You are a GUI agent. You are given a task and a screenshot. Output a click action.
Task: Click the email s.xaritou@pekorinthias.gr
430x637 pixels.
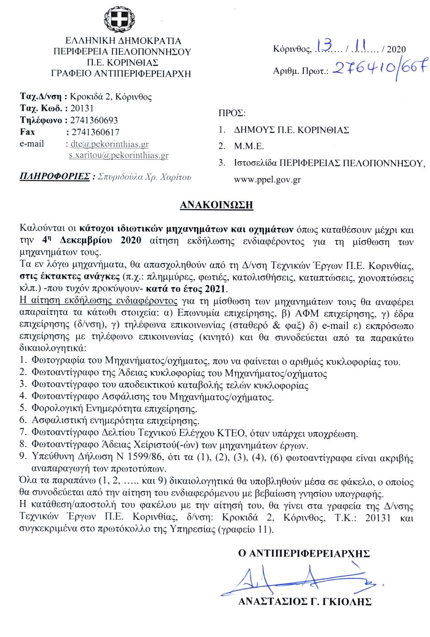point(119,155)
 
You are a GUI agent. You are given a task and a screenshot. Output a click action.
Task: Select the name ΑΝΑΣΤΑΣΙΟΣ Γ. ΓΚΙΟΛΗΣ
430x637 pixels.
point(305,602)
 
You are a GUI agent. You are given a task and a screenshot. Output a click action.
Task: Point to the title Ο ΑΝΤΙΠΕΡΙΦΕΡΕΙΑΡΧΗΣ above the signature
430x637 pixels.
point(304,554)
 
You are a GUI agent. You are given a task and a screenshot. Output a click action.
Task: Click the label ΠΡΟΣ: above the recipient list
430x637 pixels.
point(232,114)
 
